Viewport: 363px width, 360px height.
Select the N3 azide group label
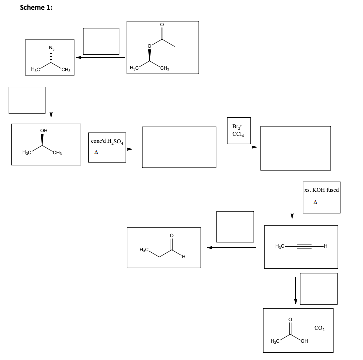[x=50, y=48]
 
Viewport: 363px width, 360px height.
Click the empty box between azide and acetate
[x=101, y=41]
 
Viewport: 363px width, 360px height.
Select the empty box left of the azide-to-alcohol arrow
[x=27, y=100]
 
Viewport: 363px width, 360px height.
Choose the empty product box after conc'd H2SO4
[x=179, y=147]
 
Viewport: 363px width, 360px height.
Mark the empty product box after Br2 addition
[x=295, y=148]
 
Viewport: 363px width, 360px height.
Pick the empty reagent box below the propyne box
[x=319, y=288]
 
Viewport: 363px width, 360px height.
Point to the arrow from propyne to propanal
[x=231, y=247]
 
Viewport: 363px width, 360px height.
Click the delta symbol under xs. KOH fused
[x=315, y=202]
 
